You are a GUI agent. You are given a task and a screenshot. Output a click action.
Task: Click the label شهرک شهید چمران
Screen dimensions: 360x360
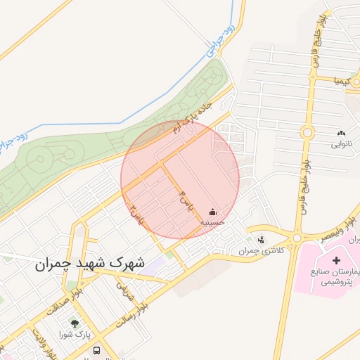88,265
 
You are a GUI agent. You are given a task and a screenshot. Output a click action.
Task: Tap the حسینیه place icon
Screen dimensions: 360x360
213,212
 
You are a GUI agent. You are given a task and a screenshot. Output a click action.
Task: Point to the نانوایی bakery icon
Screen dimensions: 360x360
342,133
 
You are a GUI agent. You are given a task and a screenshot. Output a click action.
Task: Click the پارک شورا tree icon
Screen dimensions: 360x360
75,324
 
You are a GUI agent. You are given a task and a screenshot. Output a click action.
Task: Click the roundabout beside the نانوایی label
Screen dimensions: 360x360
307,131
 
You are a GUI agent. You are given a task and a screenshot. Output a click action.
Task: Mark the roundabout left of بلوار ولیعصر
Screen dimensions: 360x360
297,238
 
